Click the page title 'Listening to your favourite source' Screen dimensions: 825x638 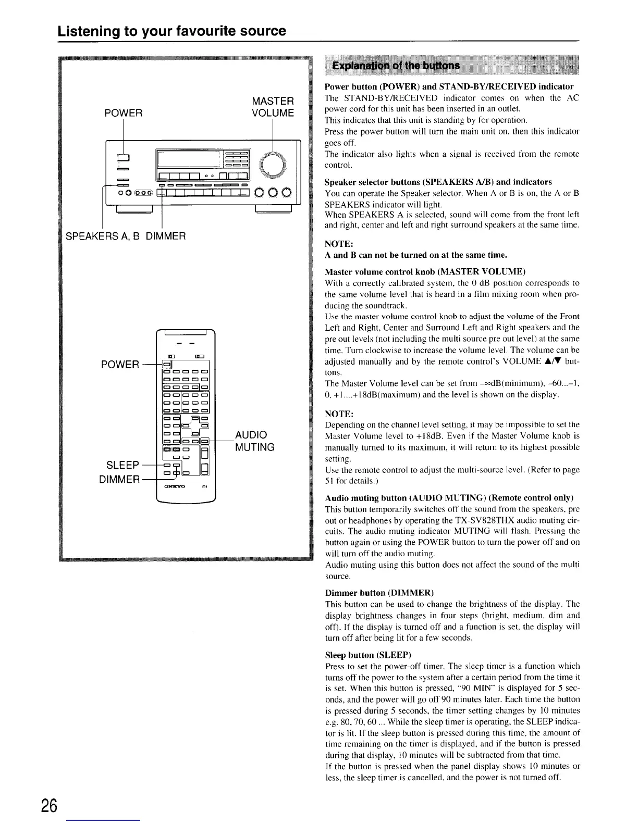pos(171,31)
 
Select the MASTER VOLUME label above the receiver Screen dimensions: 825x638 pos(273,107)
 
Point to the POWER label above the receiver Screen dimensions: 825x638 pos(124,113)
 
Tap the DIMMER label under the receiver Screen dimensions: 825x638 pos(165,236)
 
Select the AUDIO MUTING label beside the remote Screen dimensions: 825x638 pos(255,441)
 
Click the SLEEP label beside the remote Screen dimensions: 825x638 pos(122,465)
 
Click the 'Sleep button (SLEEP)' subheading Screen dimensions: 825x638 pos(368,655)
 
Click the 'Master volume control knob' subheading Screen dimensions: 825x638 pos(425,272)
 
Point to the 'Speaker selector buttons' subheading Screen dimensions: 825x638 pos(438,182)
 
